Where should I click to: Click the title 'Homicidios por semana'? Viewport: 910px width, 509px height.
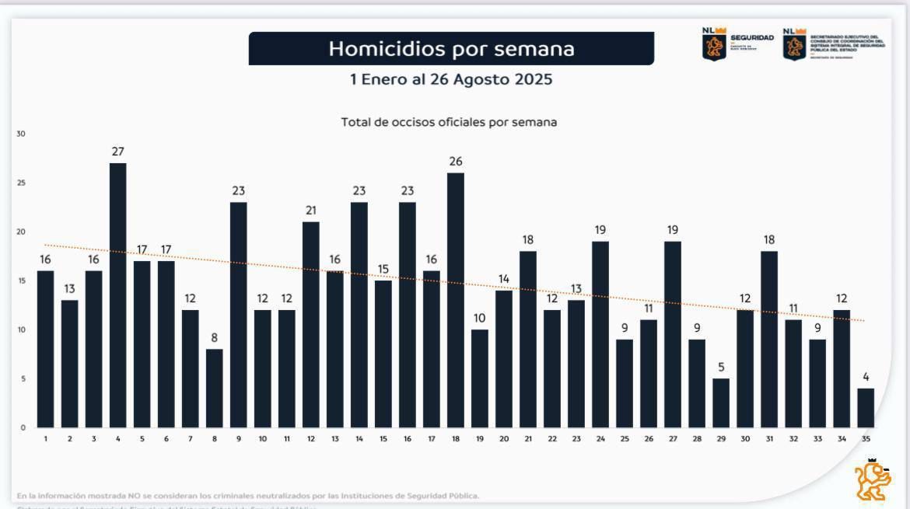[x=451, y=49]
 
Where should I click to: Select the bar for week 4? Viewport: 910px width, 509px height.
[x=118, y=295]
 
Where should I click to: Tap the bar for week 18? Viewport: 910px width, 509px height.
[x=456, y=300]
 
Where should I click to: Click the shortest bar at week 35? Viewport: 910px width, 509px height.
[x=866, y=408]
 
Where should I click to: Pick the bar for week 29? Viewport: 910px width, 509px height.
[x=721, y=403]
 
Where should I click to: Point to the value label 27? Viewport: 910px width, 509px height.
[x=118, y=152]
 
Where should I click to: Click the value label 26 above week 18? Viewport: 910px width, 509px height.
[x=456, y=162]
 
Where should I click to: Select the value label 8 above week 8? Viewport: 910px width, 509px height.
[x=215, y=338]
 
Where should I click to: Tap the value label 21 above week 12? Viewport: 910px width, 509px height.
[x=311, y=211]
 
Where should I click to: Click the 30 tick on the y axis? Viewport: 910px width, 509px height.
[x=21, y=134]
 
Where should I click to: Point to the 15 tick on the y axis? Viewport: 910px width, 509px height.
[x=21, y=281]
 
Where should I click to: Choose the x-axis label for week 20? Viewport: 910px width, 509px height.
[x=504, y=439]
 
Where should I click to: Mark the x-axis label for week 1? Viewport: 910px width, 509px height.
[x=46, y=439]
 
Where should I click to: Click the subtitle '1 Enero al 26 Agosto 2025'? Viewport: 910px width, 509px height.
[x=451, y=79]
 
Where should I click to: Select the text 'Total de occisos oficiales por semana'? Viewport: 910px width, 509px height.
[x=449, y=122]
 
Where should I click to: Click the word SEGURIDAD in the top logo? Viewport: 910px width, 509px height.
[x=751, y=38]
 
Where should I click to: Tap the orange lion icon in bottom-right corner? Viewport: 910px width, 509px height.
[x=873, y=479]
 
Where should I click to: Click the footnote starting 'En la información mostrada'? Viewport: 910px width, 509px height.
[x=248, y=496]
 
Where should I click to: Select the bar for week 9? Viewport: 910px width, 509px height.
[x=239, y=315]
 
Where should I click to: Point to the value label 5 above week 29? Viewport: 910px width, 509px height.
[x=721, y=368]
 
